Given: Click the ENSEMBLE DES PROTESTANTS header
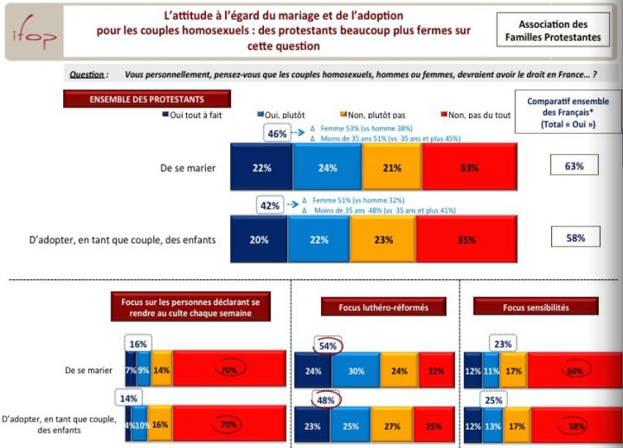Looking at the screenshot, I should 147,99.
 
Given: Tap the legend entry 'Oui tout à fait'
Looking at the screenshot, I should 193,115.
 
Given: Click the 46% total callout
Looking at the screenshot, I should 277,134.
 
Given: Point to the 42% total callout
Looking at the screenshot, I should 270,206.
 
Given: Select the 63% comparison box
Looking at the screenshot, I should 575,166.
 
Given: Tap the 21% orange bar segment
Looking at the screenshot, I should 392,168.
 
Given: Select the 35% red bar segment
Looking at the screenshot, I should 466,240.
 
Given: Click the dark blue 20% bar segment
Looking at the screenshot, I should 259,240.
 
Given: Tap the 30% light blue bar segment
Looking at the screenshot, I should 357,371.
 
